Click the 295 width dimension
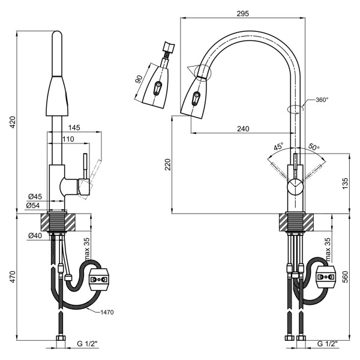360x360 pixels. (242, 13)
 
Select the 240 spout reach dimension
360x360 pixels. (242, 128)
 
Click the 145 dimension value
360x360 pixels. (74, 128)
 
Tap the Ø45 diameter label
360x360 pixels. (35, 196)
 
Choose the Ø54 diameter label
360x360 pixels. (35, 205)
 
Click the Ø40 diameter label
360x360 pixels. (35, 235)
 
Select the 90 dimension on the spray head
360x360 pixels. (139, 79)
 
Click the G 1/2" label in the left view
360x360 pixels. (88, 344)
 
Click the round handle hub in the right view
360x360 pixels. (295, 187)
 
